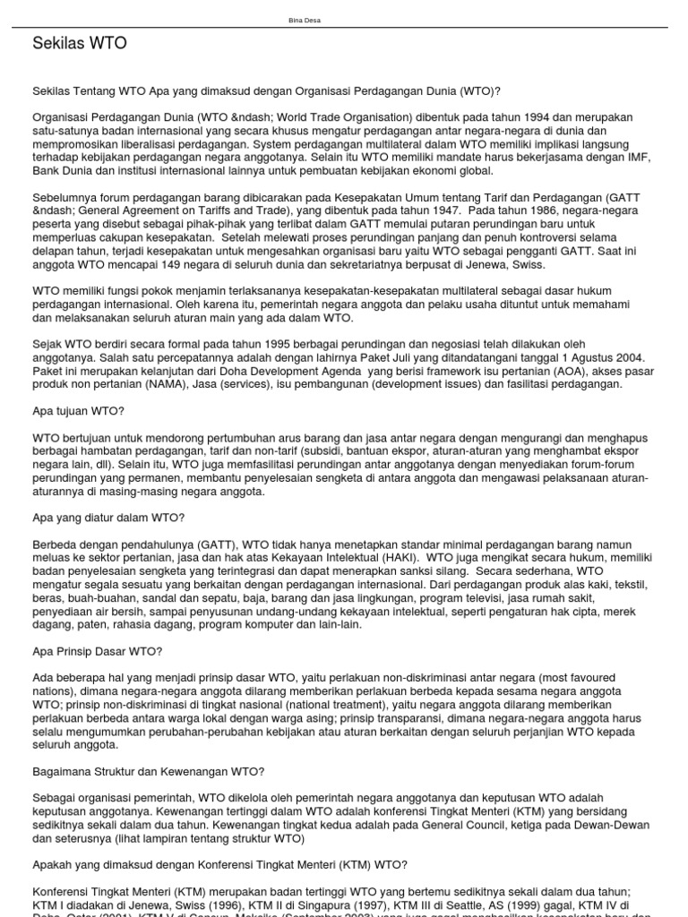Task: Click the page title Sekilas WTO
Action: (x=80, y=43)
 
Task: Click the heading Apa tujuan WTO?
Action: (x=78, y=410)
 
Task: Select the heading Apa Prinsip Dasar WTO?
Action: (x=98, y=651)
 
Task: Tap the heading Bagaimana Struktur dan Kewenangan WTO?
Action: (x=148, y=771)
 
